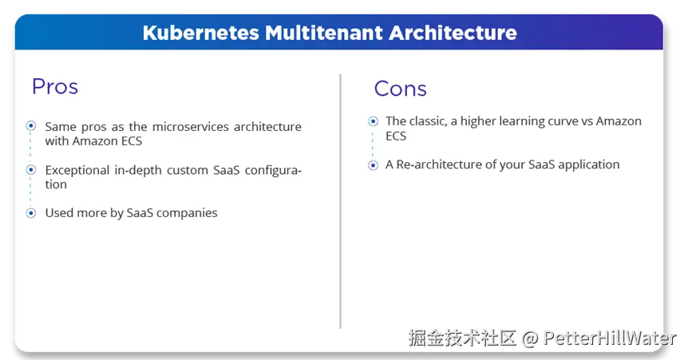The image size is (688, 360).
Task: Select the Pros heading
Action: [54, 86]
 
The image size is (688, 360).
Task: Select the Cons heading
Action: [400, 89]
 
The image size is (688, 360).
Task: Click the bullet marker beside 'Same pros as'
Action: [31, 126]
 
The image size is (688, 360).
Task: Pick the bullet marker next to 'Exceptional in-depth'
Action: [31, 170]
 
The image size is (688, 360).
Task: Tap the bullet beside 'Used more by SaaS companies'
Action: [31, 213]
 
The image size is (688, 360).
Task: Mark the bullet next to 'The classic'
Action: [372, 121]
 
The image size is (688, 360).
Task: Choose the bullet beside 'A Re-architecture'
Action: [372, 165]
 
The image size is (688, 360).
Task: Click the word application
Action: [587, 165]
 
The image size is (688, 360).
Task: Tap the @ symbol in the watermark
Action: [530, 338]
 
